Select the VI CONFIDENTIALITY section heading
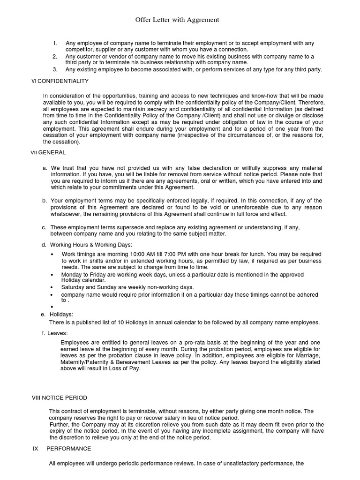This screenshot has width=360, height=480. (60, 81)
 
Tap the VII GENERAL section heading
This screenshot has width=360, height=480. (48, 152)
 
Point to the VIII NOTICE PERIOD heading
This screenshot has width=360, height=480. (59, 397)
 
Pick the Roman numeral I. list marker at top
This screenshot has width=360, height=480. (55, 44)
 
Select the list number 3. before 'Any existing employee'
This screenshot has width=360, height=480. (55, 70)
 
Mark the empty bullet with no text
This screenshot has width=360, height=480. (52, 307)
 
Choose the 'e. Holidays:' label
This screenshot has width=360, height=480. (57, 315)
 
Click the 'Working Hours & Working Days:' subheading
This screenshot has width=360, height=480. (91, 245)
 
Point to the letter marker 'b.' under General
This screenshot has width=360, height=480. (44, 201)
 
